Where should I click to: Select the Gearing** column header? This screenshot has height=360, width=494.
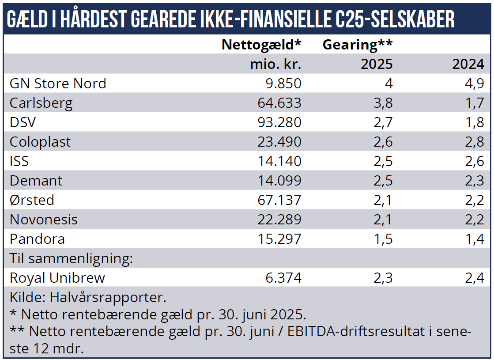[x=358, y=45]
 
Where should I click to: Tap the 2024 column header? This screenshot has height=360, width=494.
[x=468, y=64]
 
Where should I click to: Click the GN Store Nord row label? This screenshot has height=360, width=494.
[x=58, y=83]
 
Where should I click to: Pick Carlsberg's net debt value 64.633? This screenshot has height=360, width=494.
[x=279, y=103]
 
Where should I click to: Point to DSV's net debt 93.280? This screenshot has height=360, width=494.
[x=279, y=122]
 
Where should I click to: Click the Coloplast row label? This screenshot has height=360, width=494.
[x=40, y=142]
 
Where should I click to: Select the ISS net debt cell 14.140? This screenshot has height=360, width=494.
[x=279, y=161]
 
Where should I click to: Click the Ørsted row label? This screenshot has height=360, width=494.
[x=32, y=200]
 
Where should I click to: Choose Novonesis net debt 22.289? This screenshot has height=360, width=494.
[x=279, y=220]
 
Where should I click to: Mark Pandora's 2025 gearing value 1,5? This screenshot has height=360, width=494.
[x=382, y=239]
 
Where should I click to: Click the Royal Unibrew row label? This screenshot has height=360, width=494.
[x=57, y=278]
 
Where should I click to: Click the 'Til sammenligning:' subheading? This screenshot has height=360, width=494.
[x=71, y=258]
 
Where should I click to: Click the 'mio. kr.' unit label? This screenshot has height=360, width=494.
[x=275, y=64]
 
